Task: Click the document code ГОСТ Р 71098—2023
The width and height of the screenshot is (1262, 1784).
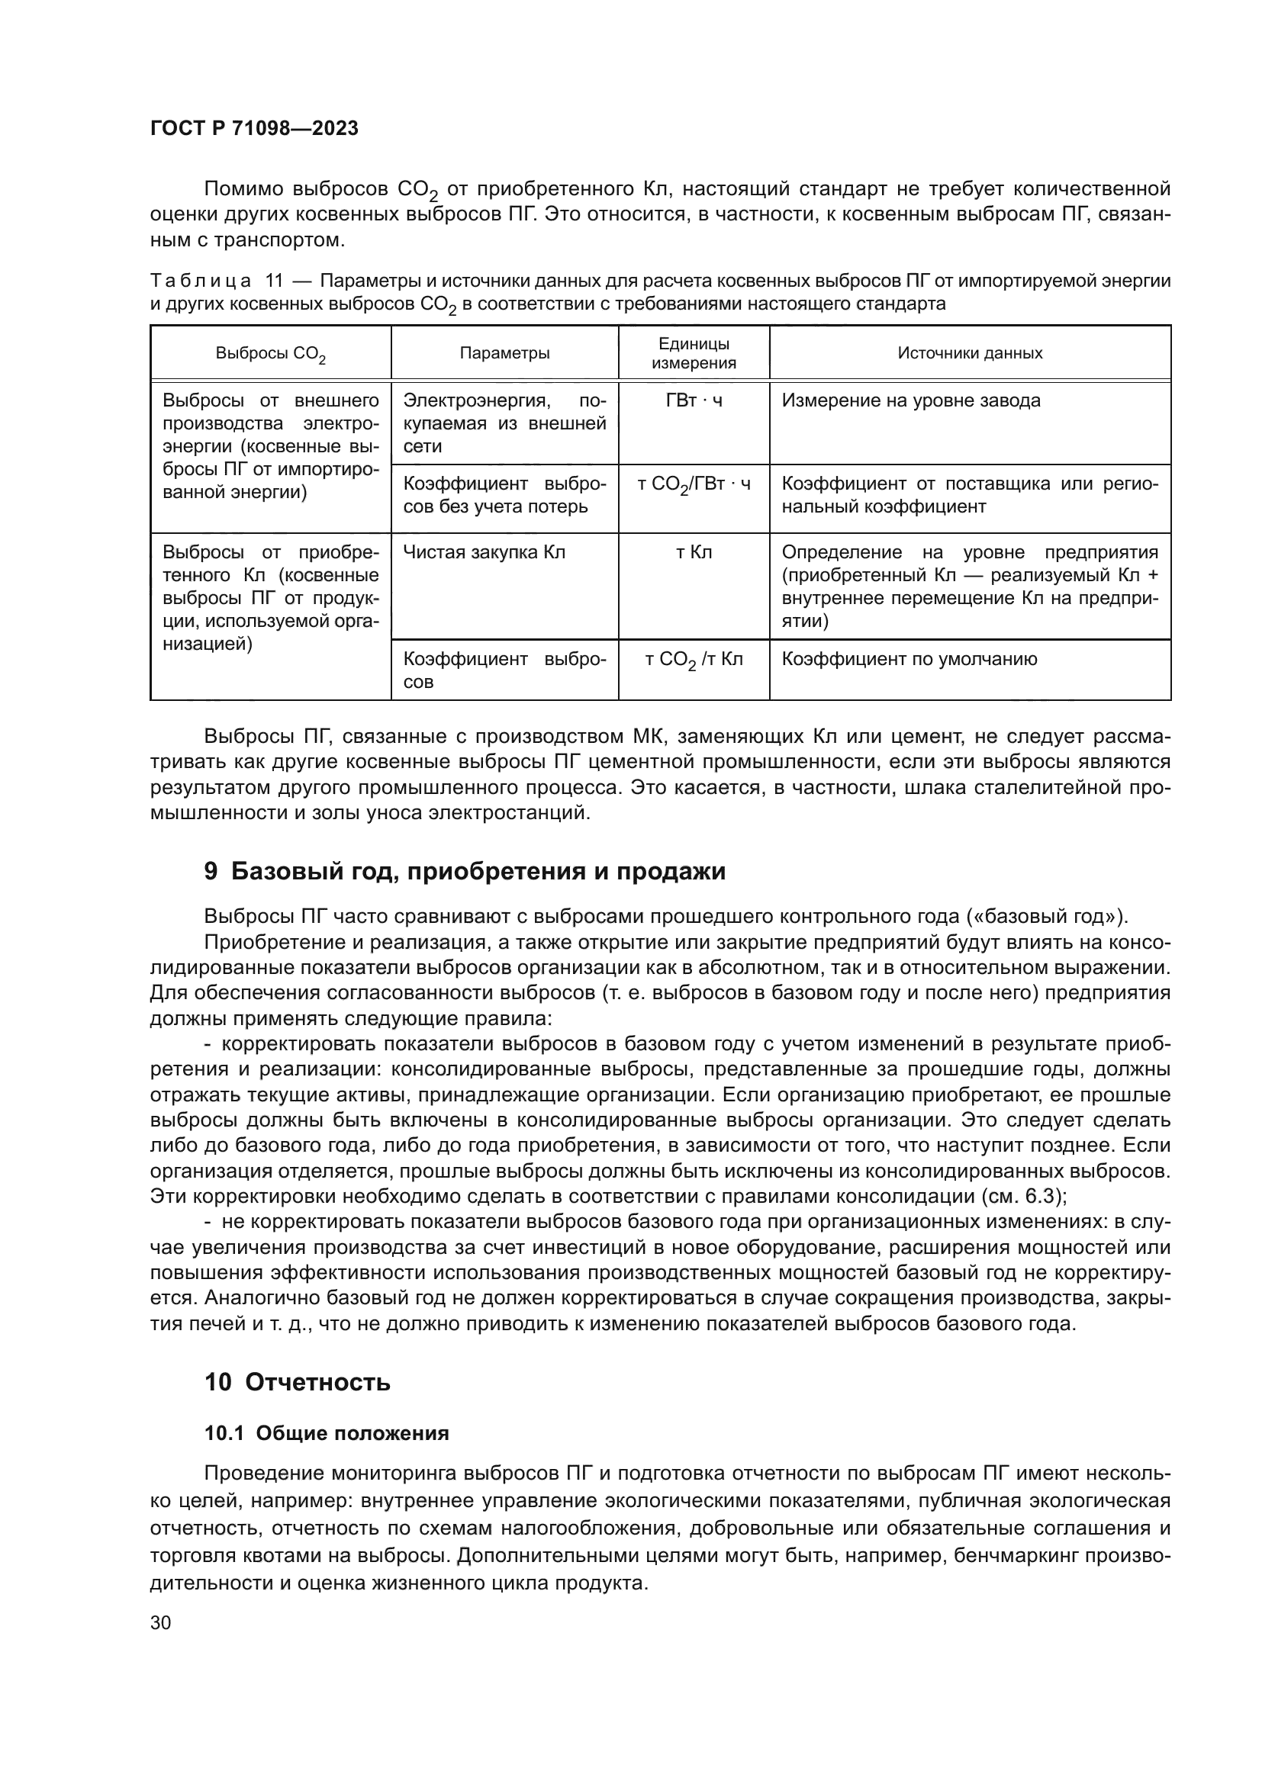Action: tap(254, 129)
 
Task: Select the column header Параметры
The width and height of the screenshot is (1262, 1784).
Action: tap(504, 354)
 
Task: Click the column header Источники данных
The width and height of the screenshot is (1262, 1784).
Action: tap(970, 354)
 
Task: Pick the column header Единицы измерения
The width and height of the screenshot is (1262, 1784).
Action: tap(693, 354)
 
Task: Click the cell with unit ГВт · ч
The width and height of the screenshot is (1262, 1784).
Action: tap(693, 401)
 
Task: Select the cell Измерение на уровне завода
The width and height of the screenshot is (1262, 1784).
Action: tap(911, 401)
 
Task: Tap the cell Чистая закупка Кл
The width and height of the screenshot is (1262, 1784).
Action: tap(485, 552)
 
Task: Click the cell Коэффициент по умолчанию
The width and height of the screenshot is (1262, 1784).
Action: tap(909, 660)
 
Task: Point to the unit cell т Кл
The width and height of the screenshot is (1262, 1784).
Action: tap(693, 552)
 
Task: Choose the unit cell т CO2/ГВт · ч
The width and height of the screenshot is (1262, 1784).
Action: tap(693, 485)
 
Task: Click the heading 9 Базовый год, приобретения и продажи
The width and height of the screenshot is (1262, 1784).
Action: tap(465, 872)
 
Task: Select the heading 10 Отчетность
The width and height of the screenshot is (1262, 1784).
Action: tap(298, 1382)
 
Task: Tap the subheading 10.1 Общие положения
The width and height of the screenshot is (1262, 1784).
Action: tap(327, 1434)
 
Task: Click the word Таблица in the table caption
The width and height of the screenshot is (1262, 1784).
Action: tap(201, 281)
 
